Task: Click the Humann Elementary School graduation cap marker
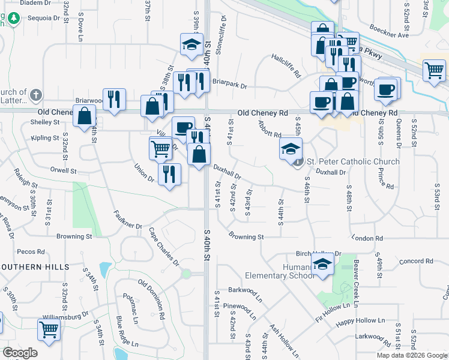point(322,265)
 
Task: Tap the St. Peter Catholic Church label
point(353,161)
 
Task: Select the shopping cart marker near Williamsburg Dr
point(48,329)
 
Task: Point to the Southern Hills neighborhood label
point(35,266)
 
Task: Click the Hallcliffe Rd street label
point(285,66)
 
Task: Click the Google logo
point(20,353)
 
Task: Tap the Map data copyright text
point(412,355)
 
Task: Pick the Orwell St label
point(64,171)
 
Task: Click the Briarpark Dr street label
point(230,86)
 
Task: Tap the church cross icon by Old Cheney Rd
point(36,95)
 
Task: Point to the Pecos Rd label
point(28,252)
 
